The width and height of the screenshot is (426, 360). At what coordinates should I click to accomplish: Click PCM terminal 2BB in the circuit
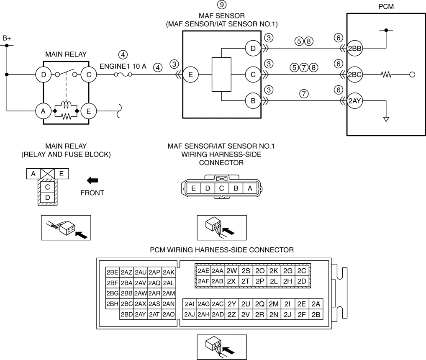pos(354,49)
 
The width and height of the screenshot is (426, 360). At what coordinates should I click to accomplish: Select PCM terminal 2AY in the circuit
pos(354,101)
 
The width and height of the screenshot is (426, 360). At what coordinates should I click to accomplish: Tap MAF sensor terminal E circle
pos(190,75)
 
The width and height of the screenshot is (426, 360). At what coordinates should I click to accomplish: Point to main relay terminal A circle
pos(43,111)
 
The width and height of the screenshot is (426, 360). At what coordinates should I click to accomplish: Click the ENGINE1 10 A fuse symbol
pos(123,75)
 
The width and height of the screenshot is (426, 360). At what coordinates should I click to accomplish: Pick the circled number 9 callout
pos(222,5)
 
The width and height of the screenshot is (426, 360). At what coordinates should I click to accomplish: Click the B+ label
pos(7,39)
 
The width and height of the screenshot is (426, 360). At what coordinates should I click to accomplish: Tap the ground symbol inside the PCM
pos(386,119)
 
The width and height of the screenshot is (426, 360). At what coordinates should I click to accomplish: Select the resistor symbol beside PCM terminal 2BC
pos(386,74)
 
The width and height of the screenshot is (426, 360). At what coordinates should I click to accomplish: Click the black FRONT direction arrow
pos(92,180)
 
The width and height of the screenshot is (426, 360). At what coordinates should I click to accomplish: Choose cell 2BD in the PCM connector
pos(127,314)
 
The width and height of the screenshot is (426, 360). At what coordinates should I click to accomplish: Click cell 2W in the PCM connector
pos(231,270)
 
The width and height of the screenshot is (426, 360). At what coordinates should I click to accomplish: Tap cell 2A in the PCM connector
pos(316,304)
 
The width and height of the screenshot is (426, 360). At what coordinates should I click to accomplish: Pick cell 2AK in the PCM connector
pos(169,272)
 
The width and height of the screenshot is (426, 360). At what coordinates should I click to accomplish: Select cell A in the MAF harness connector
pos(250,188)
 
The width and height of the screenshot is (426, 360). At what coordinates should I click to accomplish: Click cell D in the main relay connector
pos(48,197)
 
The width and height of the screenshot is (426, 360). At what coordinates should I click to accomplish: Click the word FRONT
pos(92,193)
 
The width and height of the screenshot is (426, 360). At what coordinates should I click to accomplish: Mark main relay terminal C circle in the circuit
pos(89,75)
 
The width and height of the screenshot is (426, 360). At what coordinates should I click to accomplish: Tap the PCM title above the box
pos(386,7)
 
